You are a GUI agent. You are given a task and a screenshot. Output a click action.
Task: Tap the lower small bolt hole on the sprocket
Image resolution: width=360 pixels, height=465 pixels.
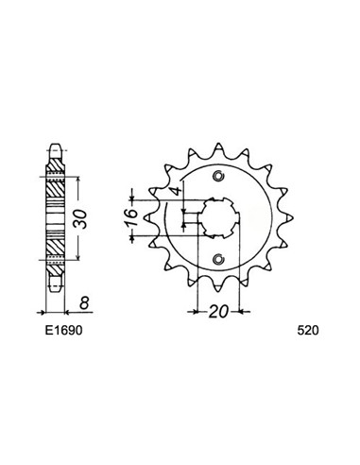(x=218, y=259)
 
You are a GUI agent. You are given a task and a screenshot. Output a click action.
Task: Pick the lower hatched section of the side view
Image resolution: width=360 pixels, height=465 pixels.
(x=57, y=243)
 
